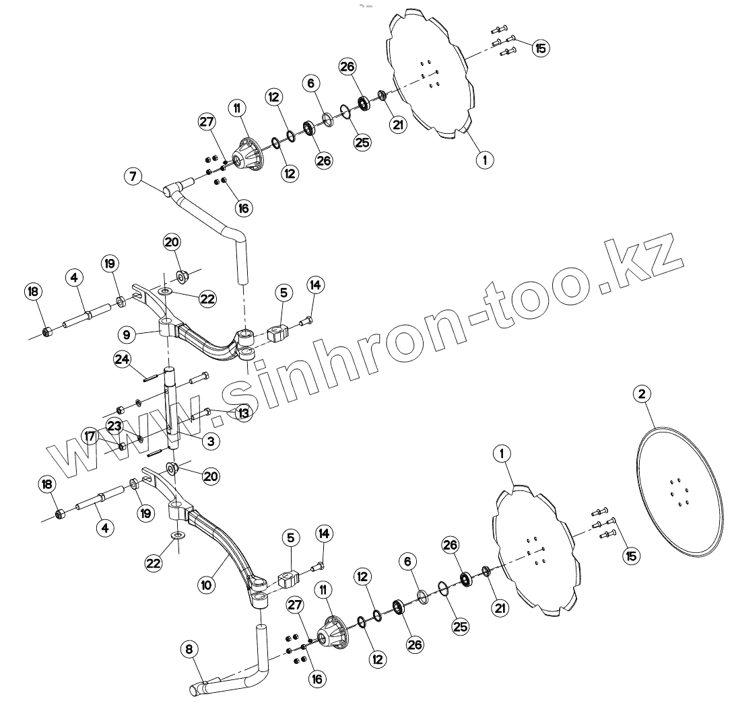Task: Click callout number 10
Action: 207,585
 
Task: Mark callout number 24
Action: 122,359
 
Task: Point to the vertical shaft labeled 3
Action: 174,410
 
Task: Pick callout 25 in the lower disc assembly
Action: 460,627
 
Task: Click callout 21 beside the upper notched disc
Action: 399,124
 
